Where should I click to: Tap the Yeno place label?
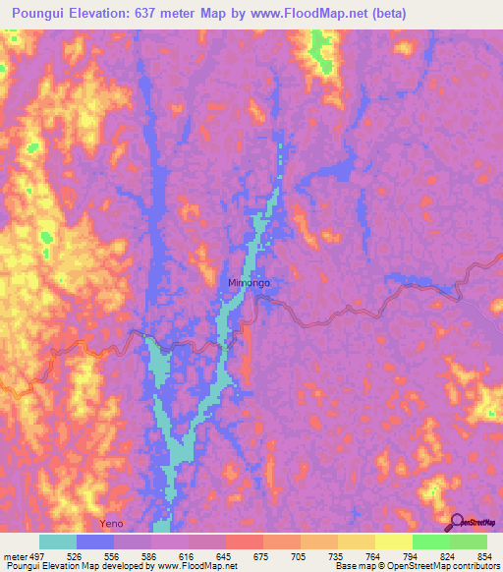pyautogui.click(x=113, y=524)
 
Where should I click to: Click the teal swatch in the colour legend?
pyautogui.click(x=58, y=542)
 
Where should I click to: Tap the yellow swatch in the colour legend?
pyautogui.click(x=394, y=542)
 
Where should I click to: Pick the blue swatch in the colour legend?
pyautogui.click(x=95, y=542)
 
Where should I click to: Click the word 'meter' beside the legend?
pyautogui.click(x=15, y=556)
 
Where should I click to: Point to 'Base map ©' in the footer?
pyautogui.click(x=359, y=566)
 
